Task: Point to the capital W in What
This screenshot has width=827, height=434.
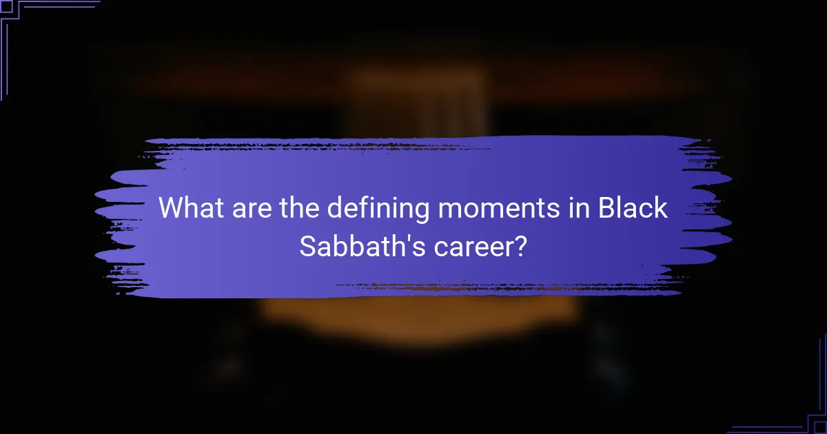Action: point(173,208)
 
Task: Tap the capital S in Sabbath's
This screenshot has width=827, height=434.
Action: point(308,245)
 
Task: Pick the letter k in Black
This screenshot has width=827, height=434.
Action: point(661,208)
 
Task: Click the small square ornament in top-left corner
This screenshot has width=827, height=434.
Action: point(6,6)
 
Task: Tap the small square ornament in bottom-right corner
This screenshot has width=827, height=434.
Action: point(820,427)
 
